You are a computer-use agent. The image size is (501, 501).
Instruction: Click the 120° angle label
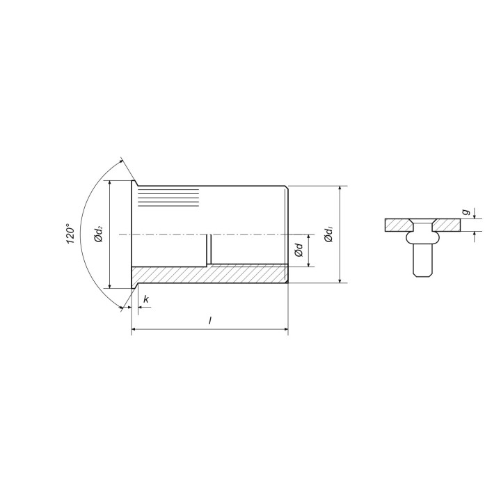pos(70,234)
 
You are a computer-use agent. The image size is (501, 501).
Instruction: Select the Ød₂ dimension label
pos(99,234)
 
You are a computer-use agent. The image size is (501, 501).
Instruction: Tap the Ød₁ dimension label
pos(328,234)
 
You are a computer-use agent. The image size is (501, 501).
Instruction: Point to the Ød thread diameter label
pos(299,250)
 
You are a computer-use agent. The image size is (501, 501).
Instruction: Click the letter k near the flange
pos(146,299)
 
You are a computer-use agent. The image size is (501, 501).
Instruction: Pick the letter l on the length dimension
pos(210,321)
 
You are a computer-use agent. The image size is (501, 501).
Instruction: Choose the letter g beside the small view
pos(466,212)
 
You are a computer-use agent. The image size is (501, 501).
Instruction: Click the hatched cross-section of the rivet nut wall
pos(210,274)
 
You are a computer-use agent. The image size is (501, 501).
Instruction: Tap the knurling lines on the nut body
pos(168,198)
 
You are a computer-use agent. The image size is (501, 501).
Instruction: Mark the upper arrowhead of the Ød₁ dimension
pos(340,189)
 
